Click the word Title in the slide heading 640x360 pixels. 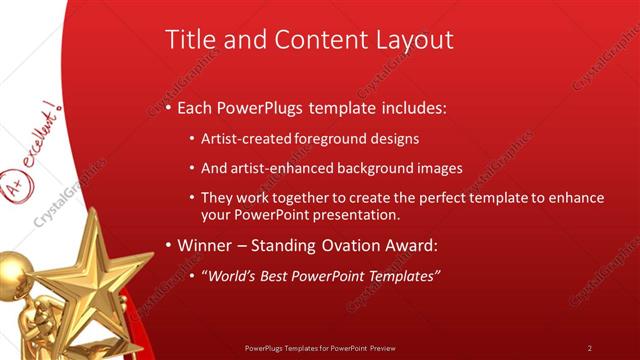[187, 40]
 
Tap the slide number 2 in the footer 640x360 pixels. [589, 347]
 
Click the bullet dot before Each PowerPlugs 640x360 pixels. [168, 107]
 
